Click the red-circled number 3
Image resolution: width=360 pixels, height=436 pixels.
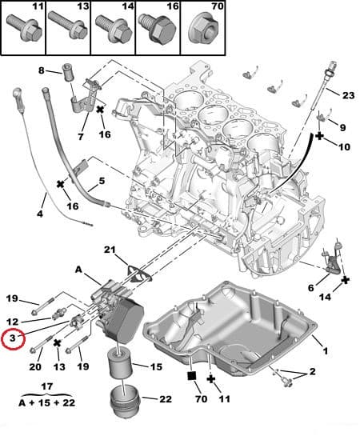[11, 338]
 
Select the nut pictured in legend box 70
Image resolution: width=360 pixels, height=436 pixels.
[201, 33]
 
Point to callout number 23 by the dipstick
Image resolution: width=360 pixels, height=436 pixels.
[347, 95]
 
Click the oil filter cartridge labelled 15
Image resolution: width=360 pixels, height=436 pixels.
[122, 368]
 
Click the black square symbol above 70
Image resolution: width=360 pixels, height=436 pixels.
[192, 375]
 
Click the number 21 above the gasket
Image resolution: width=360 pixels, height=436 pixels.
[110, 250]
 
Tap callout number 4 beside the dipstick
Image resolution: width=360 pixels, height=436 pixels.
[40, 214]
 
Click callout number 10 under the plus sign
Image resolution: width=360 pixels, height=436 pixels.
[344, 147]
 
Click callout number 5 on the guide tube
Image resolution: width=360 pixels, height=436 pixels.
[102, 182]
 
